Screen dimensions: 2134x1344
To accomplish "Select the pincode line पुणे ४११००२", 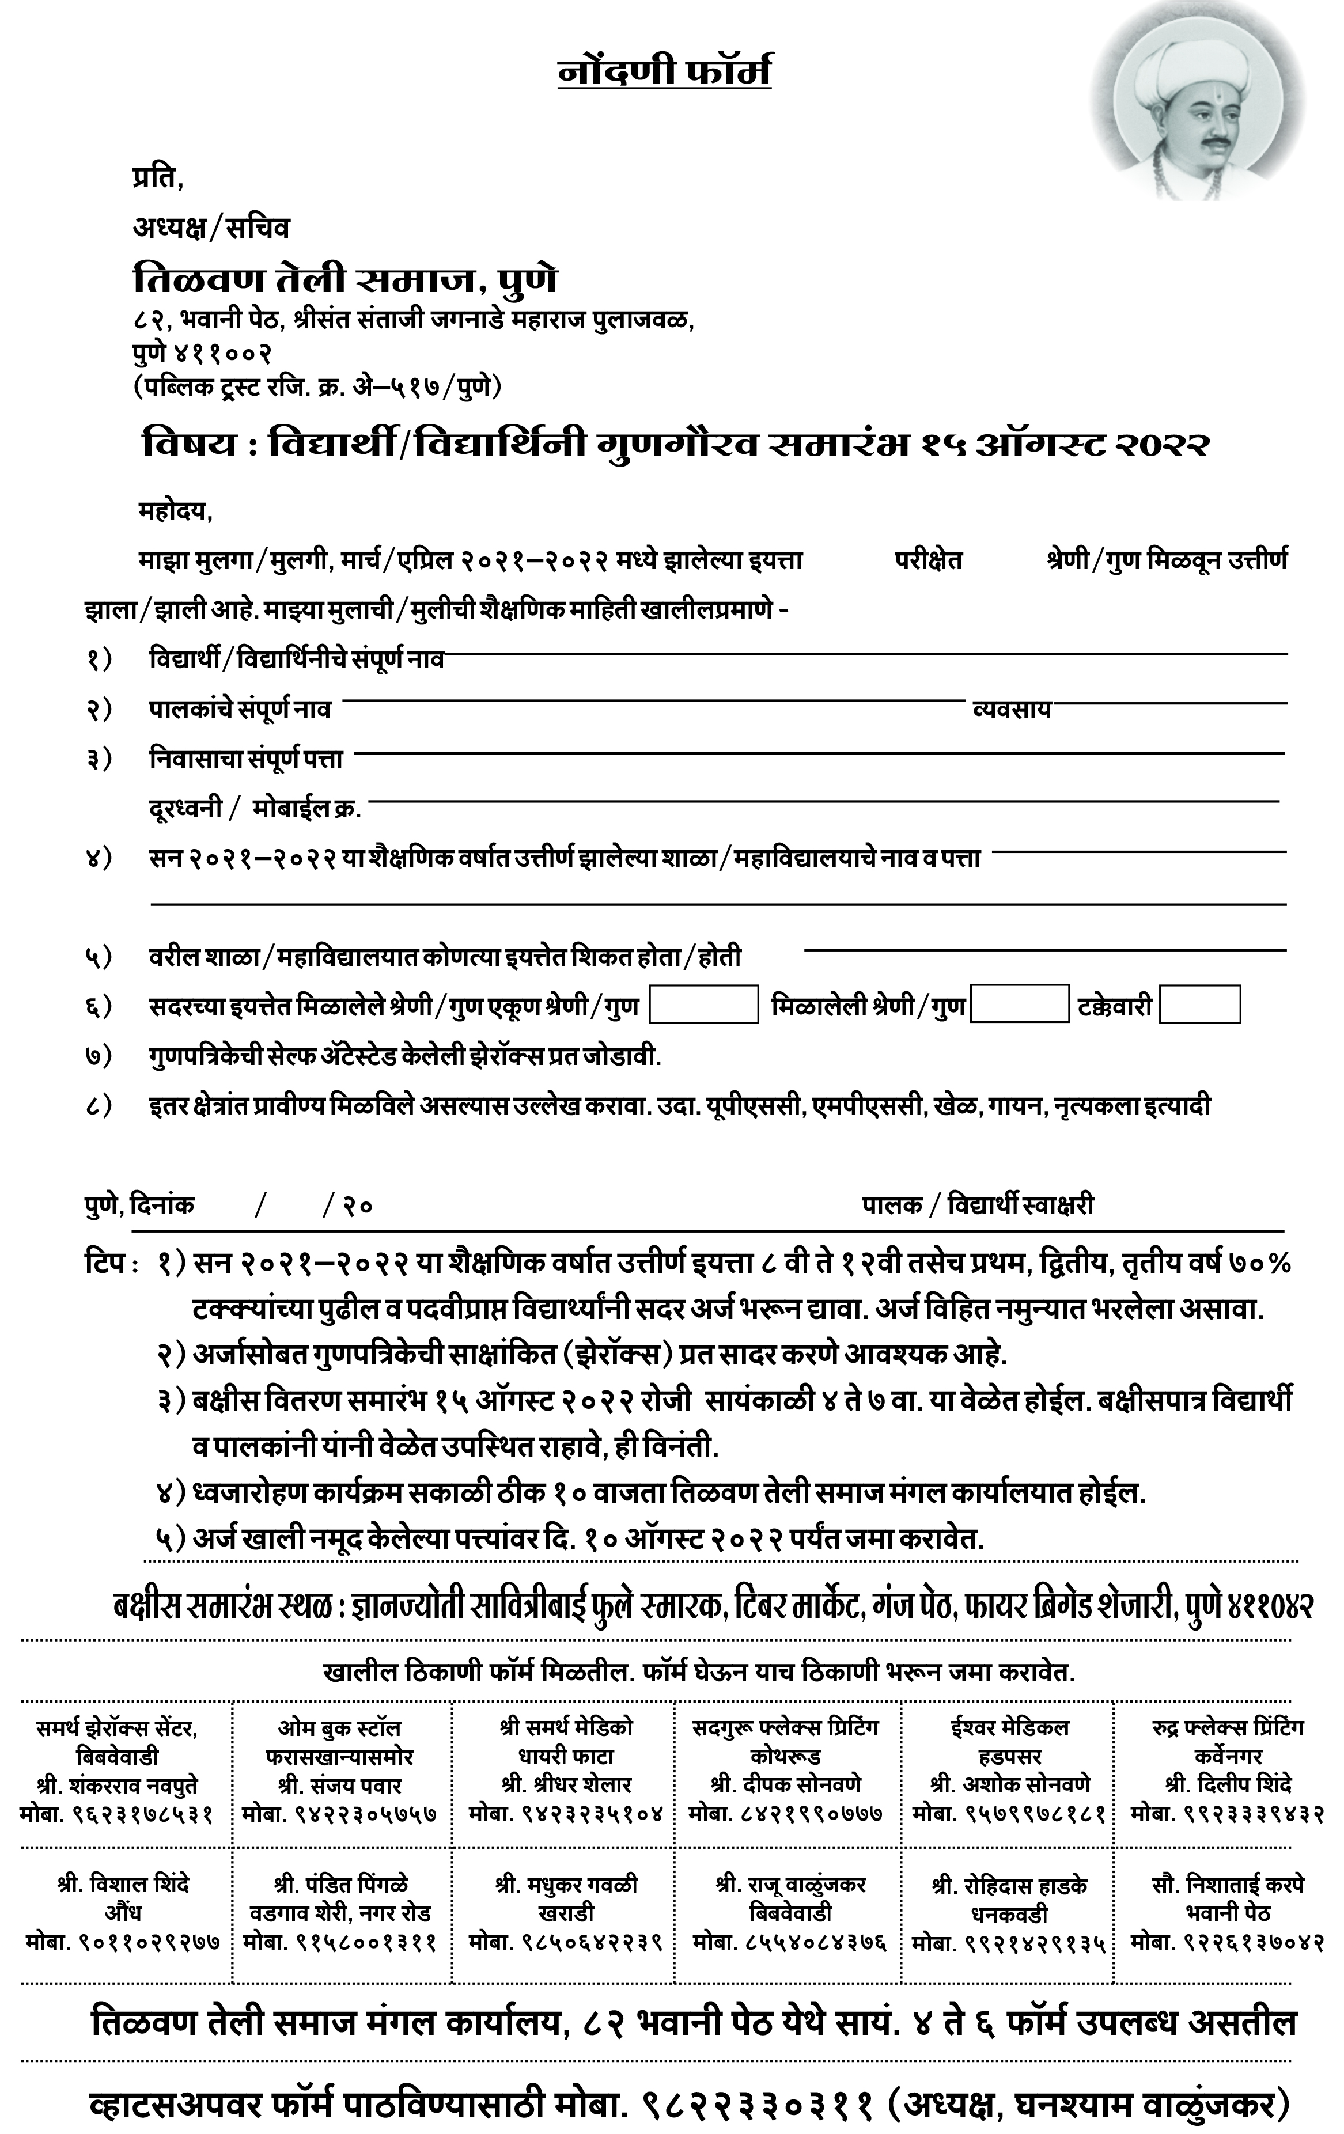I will pos(202,352).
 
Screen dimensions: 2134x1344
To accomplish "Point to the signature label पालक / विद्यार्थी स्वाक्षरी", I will pos(978,1206).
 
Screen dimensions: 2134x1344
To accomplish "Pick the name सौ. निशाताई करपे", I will pos(1228,1884).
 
